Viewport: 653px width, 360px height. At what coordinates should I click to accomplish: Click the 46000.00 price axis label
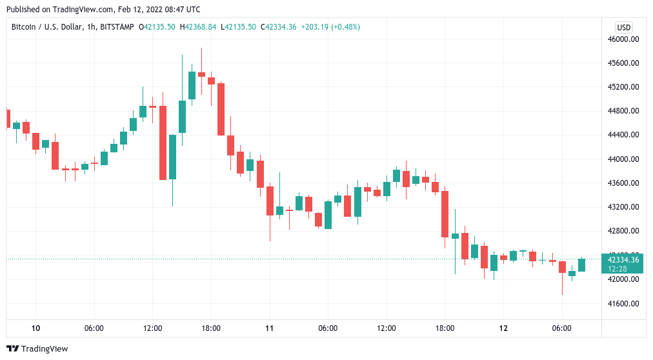(623, 39)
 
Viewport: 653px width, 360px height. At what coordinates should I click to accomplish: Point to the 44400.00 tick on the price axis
(623, 135)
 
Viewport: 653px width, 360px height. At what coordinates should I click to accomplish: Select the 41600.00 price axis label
(623, 304)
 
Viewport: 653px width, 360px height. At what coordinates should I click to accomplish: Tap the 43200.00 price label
(623, 207)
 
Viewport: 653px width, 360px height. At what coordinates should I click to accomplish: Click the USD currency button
(623, 27)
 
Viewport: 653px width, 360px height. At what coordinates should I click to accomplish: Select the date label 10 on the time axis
(35, 328)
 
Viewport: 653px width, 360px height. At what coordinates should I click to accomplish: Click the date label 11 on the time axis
(270, 328)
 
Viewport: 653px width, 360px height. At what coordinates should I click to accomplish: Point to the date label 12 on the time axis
(503, 328)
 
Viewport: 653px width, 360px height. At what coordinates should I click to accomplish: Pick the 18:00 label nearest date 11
(211, 328)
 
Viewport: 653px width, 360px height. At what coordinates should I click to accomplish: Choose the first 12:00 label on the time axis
(153, 328)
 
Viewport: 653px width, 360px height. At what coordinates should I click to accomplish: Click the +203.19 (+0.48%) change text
(330, 27)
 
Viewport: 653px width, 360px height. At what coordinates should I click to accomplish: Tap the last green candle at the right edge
(581, 265)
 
